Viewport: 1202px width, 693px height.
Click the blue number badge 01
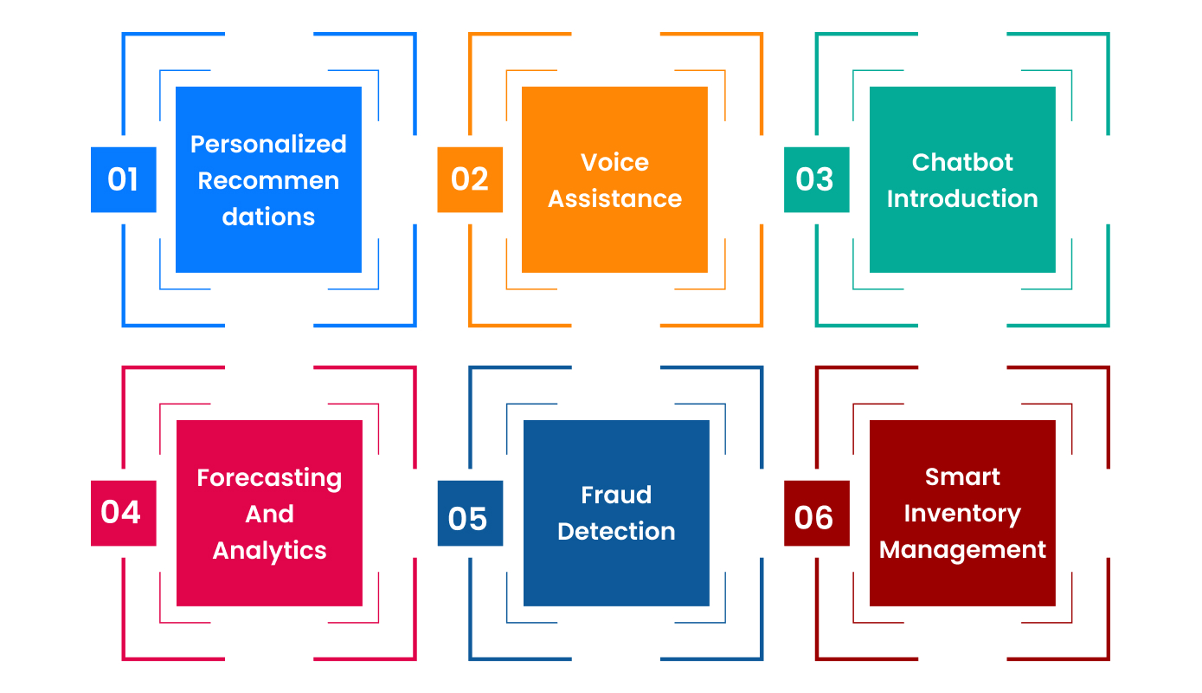(x=123, y=179)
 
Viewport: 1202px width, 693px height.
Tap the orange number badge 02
(x=470, y=179)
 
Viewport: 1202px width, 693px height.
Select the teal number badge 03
(x=816, y=179)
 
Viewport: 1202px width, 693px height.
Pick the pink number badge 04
(x=123, y=513)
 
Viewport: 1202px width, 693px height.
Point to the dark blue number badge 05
(x=470, y=517)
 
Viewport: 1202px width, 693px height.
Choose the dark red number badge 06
(x=816, y=517)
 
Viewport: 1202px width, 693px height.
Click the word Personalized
(x=268, y=145)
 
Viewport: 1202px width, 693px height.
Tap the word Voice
(x=614, y=162)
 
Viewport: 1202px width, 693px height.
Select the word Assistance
(x=614, y=198)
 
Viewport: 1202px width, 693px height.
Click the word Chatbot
(x=962, y=162)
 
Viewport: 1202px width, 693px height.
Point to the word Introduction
(x=962, y=198)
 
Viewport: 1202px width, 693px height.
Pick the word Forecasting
(x=269, y=478)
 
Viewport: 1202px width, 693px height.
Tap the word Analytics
(x=269, y=551)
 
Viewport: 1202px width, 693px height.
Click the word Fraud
(x=616, y=495)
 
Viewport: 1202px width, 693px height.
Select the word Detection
(x=616, y=531)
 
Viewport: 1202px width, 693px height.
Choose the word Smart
(x=962, y=477)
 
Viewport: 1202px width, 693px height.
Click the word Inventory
(x=962, y=514)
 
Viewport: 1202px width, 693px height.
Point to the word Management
(x=962, y=550)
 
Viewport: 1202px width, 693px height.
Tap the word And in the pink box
(x=269, y=515)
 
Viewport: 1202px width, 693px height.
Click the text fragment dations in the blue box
(x=268, y=217)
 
